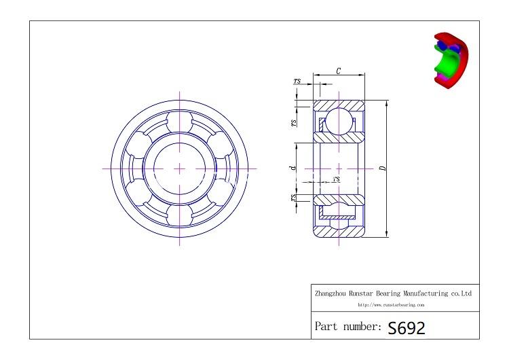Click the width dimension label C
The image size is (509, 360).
(x=339, y=70)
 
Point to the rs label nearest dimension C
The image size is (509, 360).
(x=297, y=82)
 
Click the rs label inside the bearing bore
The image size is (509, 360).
(x=337, y=179)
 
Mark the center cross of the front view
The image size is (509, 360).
(x=180, y=168)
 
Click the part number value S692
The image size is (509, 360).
(x=407, y=328)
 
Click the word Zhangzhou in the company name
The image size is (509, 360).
(x=331, y=293)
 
